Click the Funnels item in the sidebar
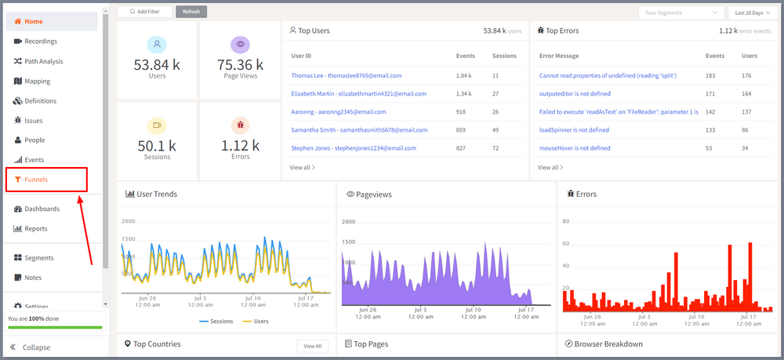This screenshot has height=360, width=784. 36,180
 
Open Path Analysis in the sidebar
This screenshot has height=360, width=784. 43,61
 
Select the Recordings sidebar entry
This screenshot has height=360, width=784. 41,42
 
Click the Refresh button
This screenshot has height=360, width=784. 191,12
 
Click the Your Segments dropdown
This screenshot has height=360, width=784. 681,13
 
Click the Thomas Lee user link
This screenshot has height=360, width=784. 346,76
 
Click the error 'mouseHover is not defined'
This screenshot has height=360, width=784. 575,148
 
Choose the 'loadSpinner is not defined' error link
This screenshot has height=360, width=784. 574,130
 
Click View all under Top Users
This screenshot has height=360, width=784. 302,167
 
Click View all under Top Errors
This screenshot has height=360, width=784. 550,167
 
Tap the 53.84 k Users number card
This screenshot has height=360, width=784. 157,64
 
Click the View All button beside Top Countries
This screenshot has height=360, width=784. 312,345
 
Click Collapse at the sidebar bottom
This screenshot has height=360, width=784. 37,347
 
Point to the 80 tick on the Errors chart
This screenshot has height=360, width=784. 564,221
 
